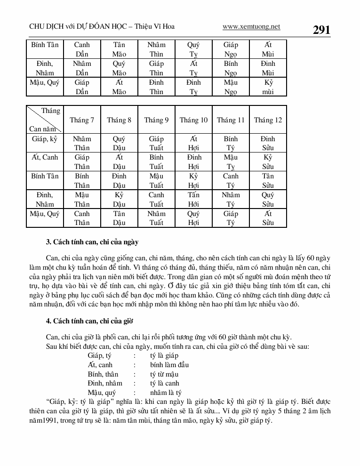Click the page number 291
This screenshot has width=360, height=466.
(322, 30)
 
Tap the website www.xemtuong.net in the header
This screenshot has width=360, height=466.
(251, 27)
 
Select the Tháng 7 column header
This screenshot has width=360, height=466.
(82, 120)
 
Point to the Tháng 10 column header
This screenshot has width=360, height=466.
(193, 120)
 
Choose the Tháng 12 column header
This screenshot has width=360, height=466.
(268, 120)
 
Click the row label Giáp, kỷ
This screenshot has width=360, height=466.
(45, 139)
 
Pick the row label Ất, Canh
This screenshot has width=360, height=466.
(45, 158)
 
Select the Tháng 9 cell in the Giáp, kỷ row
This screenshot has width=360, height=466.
(156, 143)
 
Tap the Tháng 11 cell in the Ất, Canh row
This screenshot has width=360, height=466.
(231, 162)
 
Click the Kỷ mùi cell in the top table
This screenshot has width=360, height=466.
(268, 87)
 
